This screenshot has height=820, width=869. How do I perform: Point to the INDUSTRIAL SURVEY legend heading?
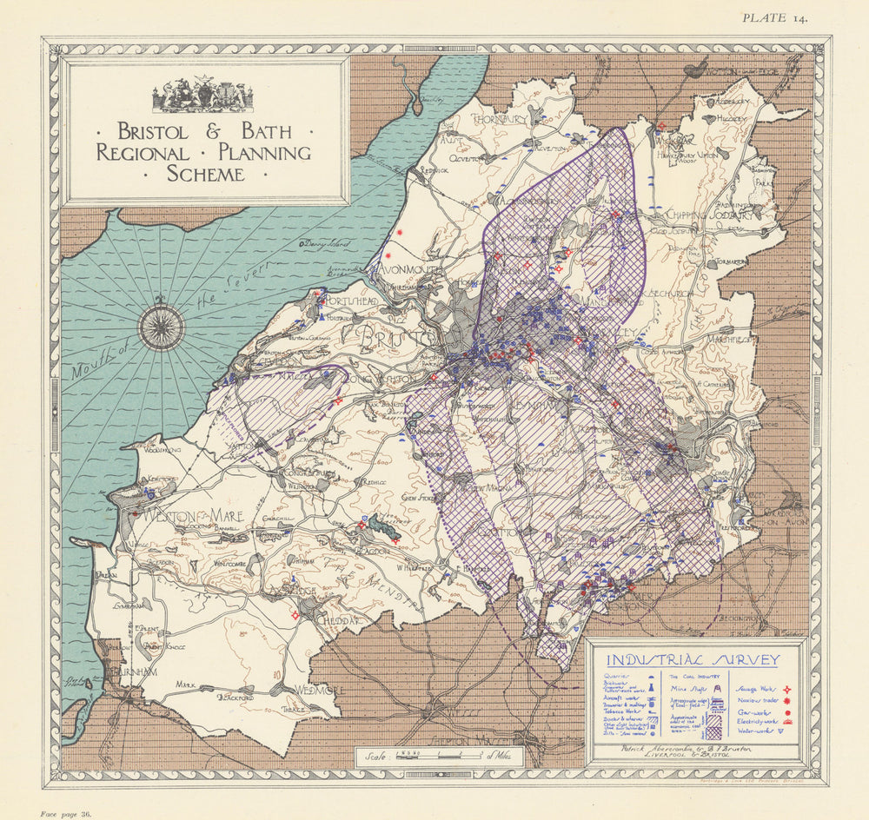click(x=692, y=660)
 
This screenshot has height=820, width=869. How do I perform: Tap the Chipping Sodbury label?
click(x=710, y=215)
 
